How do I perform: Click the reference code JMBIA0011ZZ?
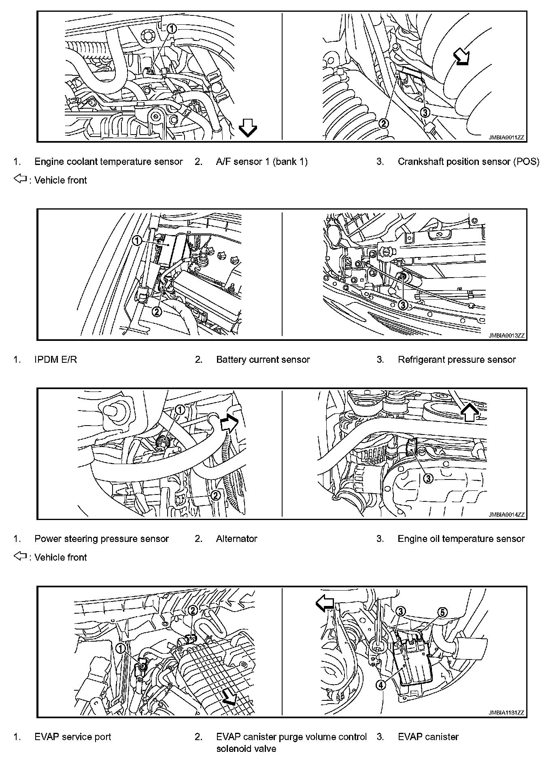(506, 138)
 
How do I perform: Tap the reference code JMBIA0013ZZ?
(506, 336)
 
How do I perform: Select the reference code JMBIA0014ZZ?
(506, 515)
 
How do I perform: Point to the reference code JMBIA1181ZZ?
(506, 713)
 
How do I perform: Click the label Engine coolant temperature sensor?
(108, 162)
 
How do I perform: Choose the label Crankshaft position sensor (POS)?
(468, 162)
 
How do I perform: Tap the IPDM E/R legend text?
(55, 360)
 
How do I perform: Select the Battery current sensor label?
(263, 360)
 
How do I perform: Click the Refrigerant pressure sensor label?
(457, 360)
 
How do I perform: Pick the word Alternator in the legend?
(236, 539)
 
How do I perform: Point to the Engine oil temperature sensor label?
(461, 539)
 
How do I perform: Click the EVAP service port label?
(72, 737)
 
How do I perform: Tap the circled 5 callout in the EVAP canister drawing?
(443, 612)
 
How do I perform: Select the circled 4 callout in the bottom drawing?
(381, 685)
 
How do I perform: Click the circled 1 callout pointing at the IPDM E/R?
(137, 241)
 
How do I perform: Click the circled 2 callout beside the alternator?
(216, 495)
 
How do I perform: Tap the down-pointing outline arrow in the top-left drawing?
(248, 129)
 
